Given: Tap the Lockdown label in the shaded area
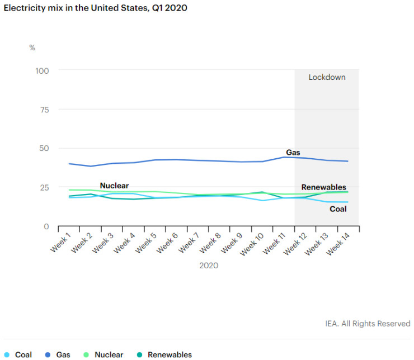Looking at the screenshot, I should coord(327,77).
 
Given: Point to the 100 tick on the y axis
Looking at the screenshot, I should coord(43,70).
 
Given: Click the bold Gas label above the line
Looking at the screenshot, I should coord(293,152).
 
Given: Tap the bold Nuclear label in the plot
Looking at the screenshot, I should coord(114,186).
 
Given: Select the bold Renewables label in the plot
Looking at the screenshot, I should coord(323,187).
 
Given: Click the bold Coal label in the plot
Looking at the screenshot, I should coord(337,209).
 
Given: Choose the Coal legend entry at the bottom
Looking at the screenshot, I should coord(23,354).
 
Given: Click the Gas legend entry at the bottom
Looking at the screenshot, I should coord(63,354).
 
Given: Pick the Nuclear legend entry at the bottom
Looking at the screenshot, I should coord(109,354).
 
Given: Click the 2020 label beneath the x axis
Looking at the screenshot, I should coord(209,266).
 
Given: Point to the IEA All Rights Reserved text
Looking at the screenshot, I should coord(368,324).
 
